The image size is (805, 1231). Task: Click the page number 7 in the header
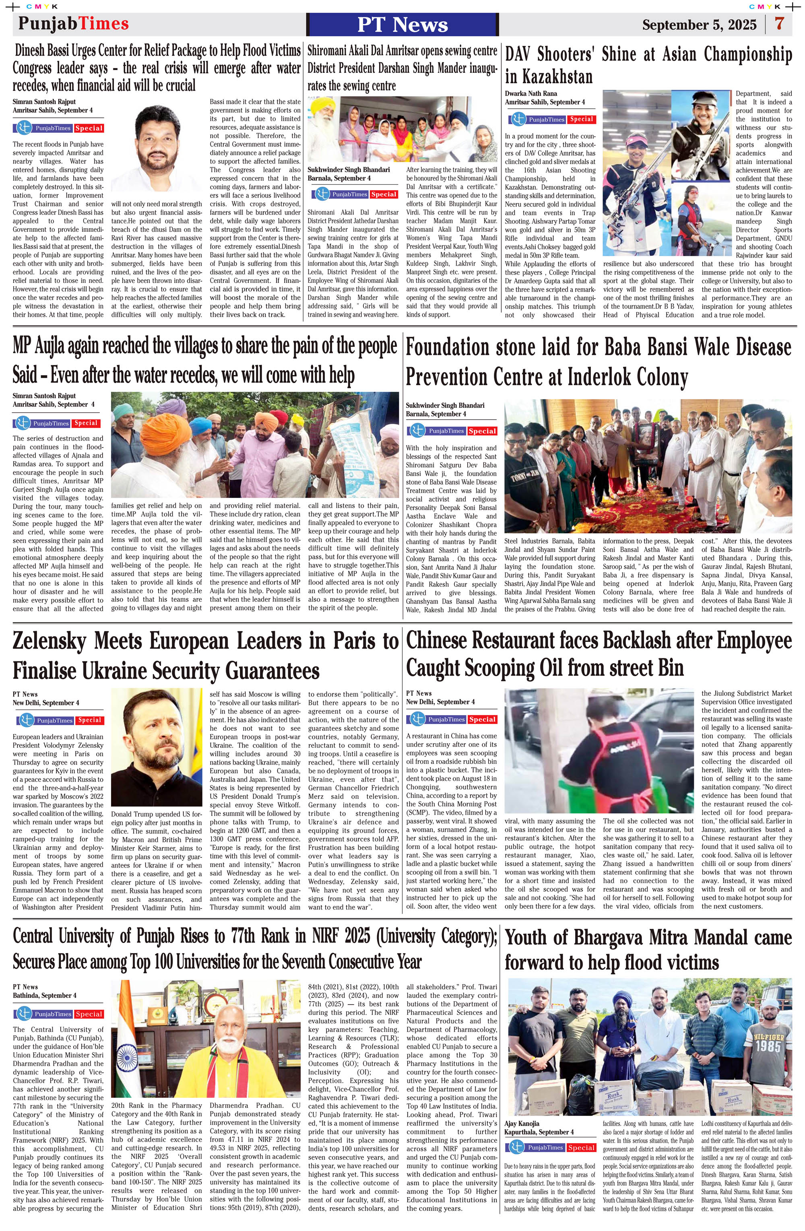pyautogui.click(x=779, y=24)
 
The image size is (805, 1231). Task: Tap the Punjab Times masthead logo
pyautogui.click(x=73, y=24)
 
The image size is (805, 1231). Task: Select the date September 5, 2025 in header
pyautogui.click(x=699, y=25)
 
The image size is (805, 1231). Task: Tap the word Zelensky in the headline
pyautogui.click(x=49, y=641)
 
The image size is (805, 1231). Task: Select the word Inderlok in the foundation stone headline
pyautogui.click(x=600, y=377)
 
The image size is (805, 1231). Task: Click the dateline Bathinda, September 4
pyautogui.click(x=45, y=995)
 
